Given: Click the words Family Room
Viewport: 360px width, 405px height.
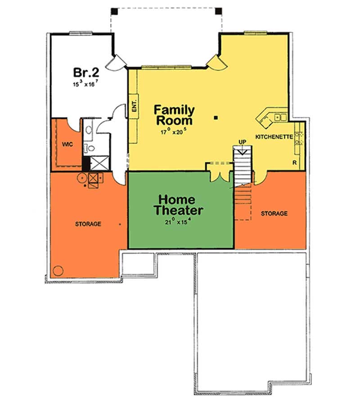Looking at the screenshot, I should (x=174, y=115).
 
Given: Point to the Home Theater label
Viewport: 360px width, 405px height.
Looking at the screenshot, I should (x=178, y=205).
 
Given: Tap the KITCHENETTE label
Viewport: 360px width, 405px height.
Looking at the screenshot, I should (x=274, y=137).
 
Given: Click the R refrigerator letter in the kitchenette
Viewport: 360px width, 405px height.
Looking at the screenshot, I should (x=295, y=162).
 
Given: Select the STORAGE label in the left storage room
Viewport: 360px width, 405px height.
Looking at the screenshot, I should (x=88, y=224).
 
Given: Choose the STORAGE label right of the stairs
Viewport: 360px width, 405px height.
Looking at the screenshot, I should (x=274, y=214).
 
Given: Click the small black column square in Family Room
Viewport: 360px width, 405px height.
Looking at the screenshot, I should (x=216, y=118).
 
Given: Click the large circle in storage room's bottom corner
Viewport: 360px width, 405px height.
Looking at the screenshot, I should (x=58, y=271).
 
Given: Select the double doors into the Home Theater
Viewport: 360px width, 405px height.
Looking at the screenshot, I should (x=220, y=176).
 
